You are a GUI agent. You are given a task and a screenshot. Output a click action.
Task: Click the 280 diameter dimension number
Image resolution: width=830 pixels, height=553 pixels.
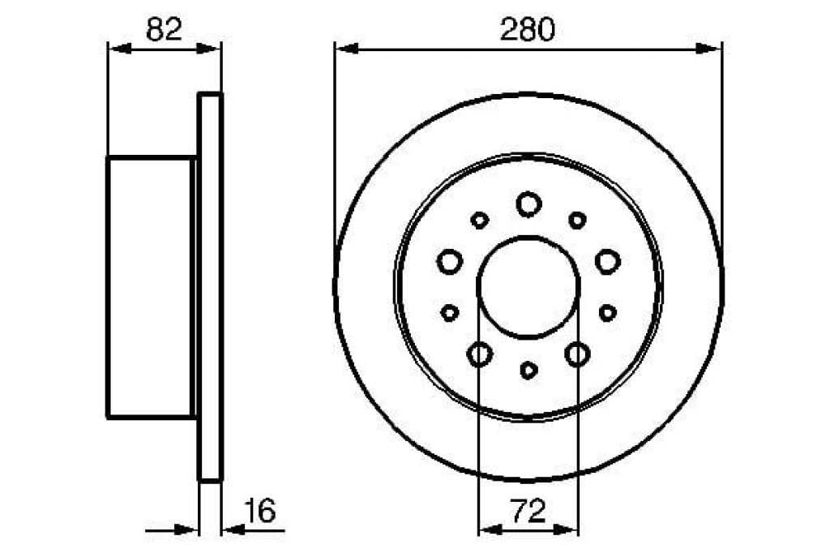(x=528, y=29)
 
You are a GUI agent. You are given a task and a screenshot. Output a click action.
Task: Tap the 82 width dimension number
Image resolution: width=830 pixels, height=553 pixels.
(x=164, y=29)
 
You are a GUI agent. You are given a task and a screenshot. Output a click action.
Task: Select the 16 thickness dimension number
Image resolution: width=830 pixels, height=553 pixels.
(x=260, y=511)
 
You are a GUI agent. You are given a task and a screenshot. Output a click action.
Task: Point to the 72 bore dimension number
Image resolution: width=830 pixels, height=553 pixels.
(x=528, y=511)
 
